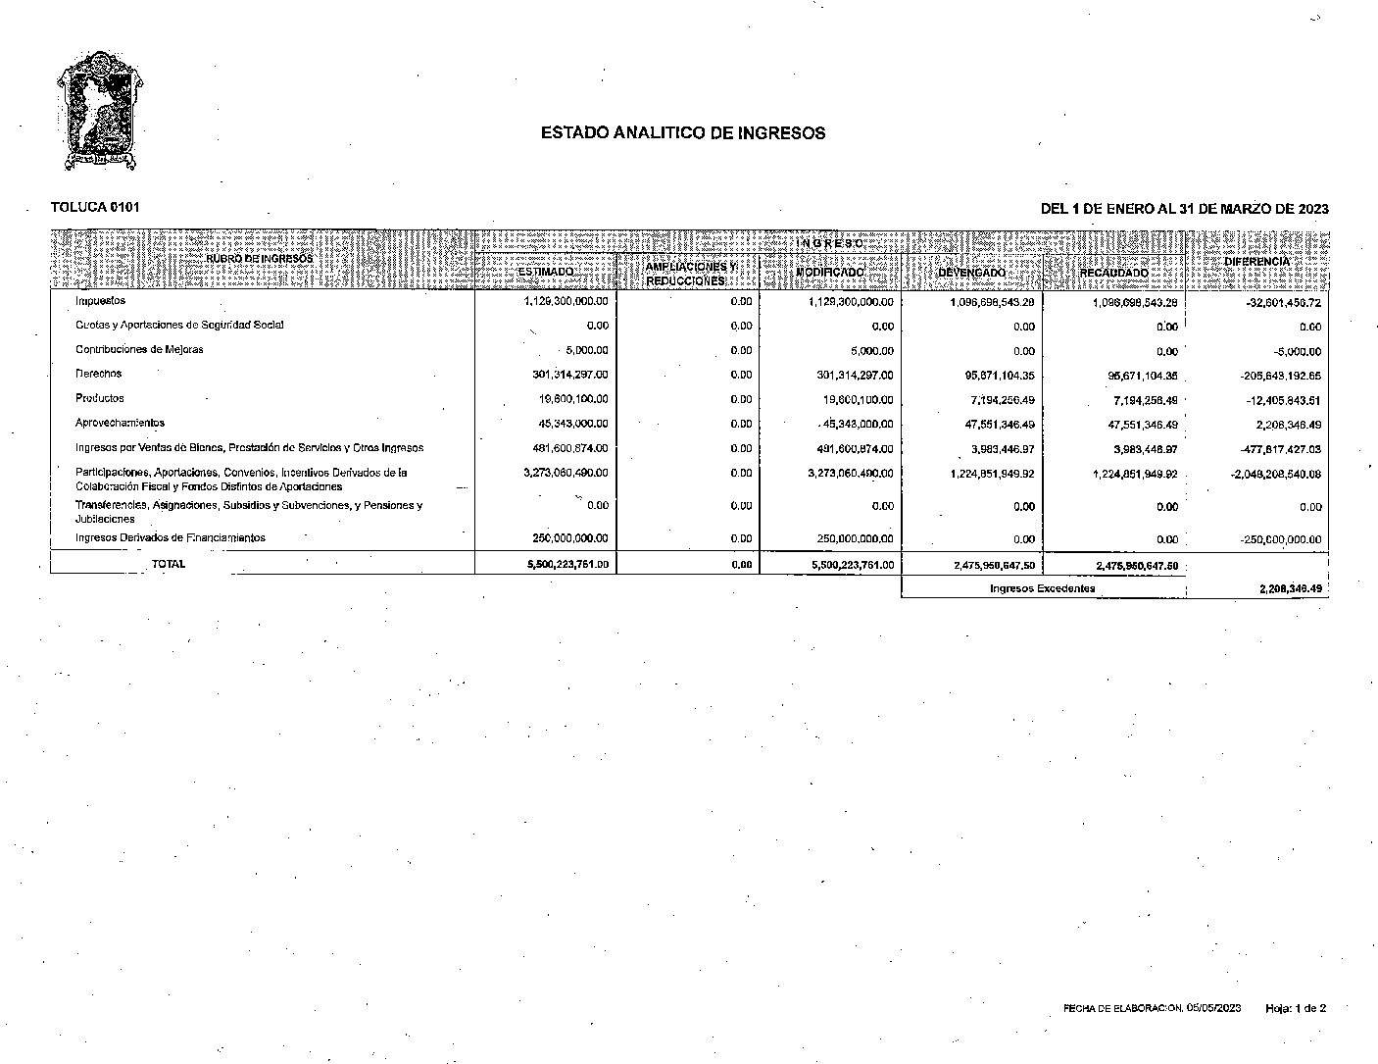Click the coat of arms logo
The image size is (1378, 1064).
(95, 110)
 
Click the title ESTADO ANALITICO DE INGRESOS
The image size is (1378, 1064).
(682, 133)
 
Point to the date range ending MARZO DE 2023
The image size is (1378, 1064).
(1184, 209)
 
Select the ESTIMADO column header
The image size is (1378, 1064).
(545, 272)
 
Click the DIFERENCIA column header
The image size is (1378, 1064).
(1257, 262)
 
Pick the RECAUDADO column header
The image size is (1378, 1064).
(1113, 273)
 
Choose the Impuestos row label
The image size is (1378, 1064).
(100, 301)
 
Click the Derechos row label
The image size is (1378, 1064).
(98, 374)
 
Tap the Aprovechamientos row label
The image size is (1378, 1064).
(120, 423)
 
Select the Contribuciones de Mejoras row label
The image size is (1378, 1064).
(139, 349)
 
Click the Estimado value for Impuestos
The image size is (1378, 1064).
(566, 301)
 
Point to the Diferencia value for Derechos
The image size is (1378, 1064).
(1269, 376)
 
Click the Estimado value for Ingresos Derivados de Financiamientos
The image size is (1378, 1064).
(566, 538)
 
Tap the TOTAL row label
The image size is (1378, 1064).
(169, 564)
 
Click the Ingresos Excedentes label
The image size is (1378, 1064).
(1042, 588)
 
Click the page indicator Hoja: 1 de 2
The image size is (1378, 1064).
(1296, 1008)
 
